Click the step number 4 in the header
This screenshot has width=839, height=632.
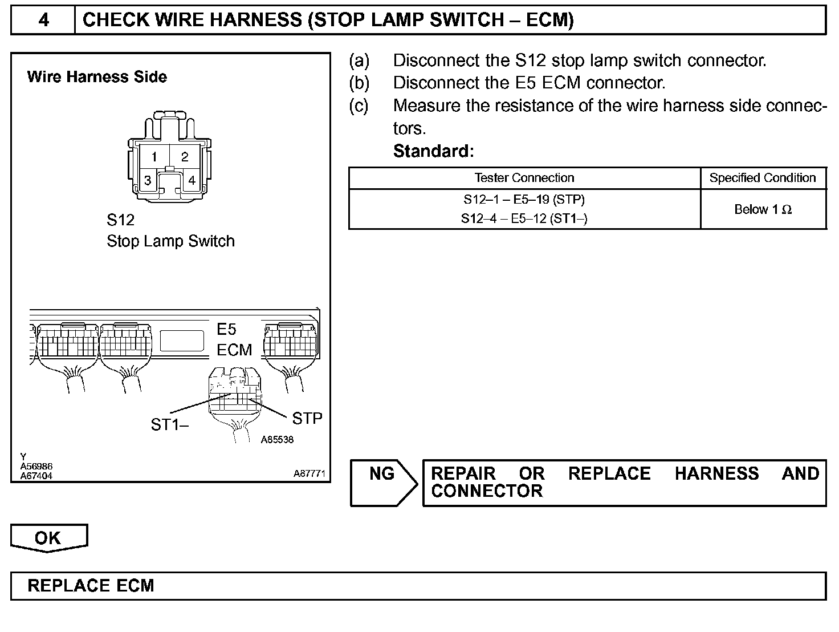click(43, 21)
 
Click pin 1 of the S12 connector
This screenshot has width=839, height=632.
click(154, 156)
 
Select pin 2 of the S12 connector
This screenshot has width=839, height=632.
click(185, 156)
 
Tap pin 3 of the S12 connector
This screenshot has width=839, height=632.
click(148, 181)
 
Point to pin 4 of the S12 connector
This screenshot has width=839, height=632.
click(192, 180)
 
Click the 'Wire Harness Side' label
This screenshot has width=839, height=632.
click(97, 77)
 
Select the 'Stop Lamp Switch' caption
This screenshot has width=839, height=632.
click(170, 241)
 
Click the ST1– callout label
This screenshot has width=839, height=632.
click(170, 424)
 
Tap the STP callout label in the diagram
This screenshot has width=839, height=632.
click(307, 419)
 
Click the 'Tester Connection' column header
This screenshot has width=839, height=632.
click(524, 178)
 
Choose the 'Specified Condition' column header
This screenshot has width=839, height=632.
click(763, 178)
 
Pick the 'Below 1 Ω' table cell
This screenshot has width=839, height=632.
click(763, 209)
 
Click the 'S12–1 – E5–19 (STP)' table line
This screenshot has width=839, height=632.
click(524, 200)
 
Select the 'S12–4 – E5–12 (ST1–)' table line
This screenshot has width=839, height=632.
click(524, 218)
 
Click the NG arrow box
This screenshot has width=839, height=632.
click(383, 482)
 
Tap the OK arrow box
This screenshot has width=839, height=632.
click(48, 538)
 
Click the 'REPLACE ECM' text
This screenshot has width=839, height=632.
click(91, 586)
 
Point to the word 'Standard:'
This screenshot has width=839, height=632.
click(434, 151)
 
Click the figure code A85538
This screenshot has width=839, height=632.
click(277, 440)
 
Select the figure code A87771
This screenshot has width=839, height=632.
click(309, 473)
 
